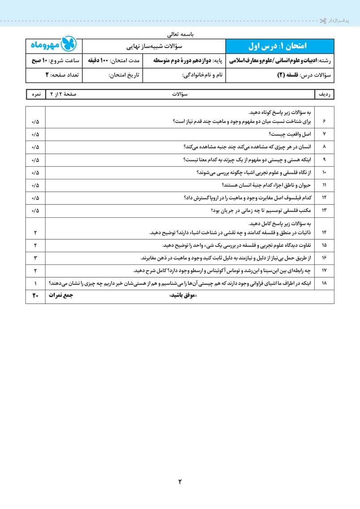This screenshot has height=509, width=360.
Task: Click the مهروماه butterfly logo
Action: pos(69,45)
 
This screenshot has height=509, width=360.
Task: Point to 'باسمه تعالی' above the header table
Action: pos(181,33)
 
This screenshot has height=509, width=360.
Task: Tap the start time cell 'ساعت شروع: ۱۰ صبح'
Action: pos(55,60)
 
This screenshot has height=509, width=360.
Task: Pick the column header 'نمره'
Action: pos(35,95)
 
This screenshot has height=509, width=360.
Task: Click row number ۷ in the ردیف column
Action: pos(324,134)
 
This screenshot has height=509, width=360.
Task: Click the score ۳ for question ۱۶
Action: pos(35,258)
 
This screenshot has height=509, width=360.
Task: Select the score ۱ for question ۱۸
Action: pos(35,283)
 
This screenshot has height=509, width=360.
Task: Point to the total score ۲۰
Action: pos(35,296)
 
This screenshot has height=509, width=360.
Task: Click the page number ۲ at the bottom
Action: pos(180,481)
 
